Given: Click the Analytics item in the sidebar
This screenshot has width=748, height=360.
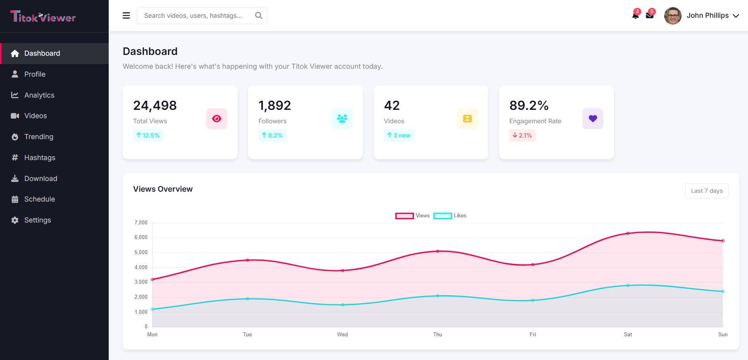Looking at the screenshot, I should click(x=39, y=95).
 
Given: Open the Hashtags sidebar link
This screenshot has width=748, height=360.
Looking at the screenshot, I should click(x=40, y=158).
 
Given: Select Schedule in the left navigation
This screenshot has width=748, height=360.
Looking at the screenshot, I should click(x=40, y=199).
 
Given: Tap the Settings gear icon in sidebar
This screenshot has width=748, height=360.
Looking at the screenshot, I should click(x=15, y=220).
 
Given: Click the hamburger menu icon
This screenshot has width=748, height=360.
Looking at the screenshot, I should click(x=127, y=15).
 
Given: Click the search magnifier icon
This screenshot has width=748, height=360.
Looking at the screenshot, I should click(x=259, y=15).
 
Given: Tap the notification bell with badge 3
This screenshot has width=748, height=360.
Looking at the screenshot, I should click(x=635, y=15).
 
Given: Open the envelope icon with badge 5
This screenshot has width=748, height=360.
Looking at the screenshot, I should click(x=650, y=15).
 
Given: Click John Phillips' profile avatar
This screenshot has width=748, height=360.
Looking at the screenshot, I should click(x=672, y=16).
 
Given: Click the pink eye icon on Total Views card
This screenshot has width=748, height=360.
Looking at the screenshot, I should click(x=217, y=119).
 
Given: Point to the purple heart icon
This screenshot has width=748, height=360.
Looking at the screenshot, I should click(x=593, y=119).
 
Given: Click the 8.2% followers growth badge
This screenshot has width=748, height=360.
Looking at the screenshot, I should click(x=272, y=136).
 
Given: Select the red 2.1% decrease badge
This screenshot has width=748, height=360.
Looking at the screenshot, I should click(x=522, y=136).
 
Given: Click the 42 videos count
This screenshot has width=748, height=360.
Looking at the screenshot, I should click(x=392, y=106).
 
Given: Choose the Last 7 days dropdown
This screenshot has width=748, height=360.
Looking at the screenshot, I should click(x=706, y=191).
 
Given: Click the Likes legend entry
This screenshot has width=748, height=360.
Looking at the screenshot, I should click(x=450, y=216).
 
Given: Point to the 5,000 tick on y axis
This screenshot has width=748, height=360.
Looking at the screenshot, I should click(x=141, y=253).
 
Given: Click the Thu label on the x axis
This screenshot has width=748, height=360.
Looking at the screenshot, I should click(x=438, y=335).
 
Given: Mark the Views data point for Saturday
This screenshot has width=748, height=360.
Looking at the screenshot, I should click(x=628, y=234).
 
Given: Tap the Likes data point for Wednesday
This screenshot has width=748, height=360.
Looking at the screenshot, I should click(x=342, y=305).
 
